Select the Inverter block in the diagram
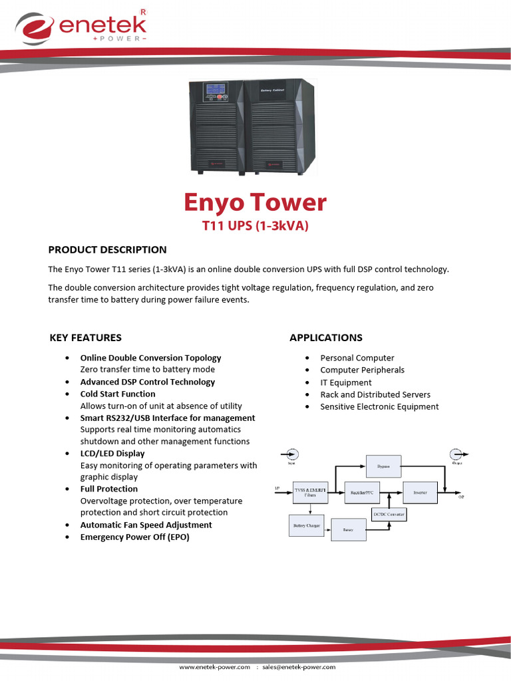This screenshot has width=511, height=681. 421,493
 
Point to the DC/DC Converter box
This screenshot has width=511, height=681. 388,514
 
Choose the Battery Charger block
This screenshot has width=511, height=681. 307,525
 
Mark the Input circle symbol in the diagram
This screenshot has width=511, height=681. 291,455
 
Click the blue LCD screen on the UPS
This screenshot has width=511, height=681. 214,90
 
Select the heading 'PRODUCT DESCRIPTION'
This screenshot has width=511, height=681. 107,250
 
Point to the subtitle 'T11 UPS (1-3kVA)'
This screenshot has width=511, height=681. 255,227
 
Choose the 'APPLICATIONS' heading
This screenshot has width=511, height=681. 326,338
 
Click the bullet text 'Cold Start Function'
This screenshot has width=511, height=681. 118,394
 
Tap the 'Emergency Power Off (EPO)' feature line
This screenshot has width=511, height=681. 134,537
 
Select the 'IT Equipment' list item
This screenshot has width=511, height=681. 346,382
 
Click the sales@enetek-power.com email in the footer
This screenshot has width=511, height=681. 299,666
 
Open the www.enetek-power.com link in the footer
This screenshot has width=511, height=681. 214,666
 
